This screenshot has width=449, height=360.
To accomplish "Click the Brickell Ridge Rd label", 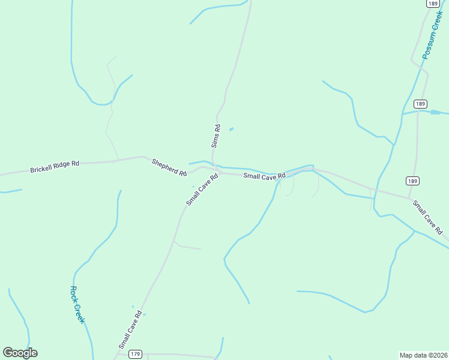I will (55, 167).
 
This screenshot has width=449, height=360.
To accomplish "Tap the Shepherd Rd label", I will (169, 167).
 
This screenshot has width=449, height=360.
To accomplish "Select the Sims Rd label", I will (217, 136).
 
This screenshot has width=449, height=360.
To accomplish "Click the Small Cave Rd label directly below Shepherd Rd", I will (201, 190).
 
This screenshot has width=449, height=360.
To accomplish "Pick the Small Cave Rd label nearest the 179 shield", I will (130, 329).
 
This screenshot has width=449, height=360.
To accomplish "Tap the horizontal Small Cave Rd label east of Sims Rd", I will (264, 176).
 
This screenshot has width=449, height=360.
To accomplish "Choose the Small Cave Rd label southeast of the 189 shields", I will (427, 217).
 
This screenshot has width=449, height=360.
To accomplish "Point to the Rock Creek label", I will (77, 305).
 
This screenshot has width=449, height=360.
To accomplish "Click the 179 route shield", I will (135, 355).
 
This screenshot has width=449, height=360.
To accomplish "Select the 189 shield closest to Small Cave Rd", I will (412, 181).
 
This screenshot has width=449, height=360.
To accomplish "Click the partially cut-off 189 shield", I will (432, 3).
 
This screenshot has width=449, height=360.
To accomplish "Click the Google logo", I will (20, 353).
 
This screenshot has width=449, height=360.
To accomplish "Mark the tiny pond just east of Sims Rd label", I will (231, 129).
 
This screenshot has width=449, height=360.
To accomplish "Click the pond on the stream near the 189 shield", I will (435, 112).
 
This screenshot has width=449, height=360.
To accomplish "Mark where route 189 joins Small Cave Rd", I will (409, 197).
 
